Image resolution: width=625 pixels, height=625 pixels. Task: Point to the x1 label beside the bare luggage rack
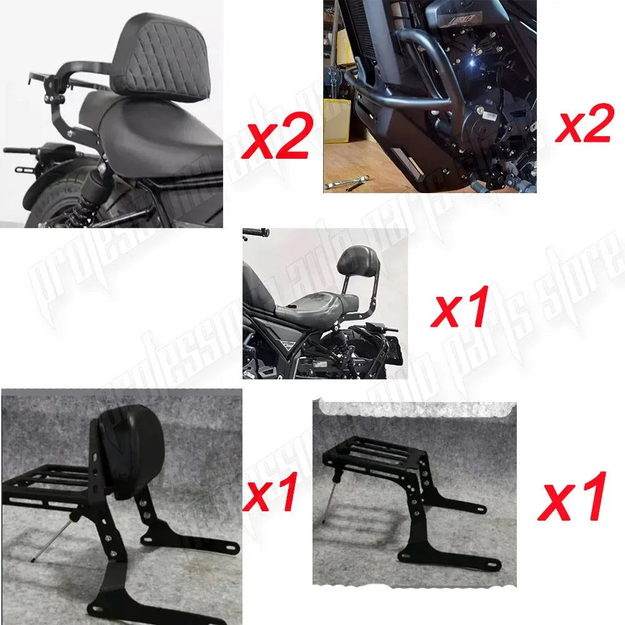pyautogui.click(x=572, y=497)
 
